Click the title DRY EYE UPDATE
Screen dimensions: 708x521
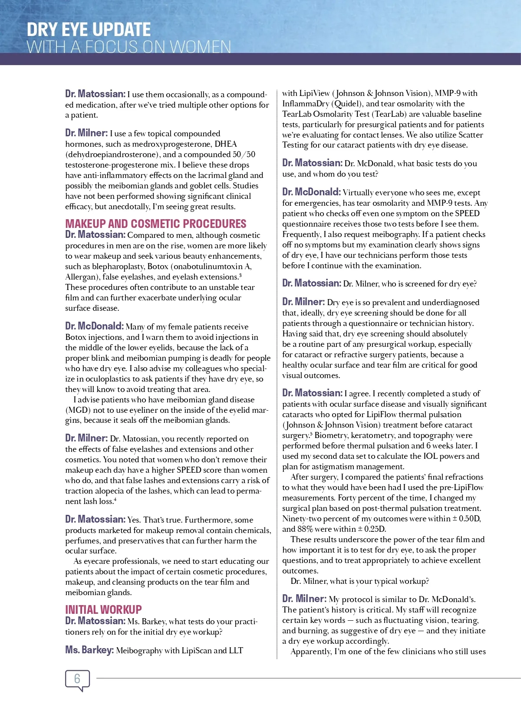point(89,30)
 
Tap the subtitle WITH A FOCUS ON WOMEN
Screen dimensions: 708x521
point(129,47)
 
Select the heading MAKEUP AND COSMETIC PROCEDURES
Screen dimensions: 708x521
point(155,224)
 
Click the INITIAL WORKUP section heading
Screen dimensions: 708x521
point(103,609)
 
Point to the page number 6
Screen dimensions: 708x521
point(77,678)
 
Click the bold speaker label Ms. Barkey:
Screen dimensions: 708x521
point(89,650)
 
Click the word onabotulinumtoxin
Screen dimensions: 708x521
point(209,267)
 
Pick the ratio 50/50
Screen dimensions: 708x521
point(244,155)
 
